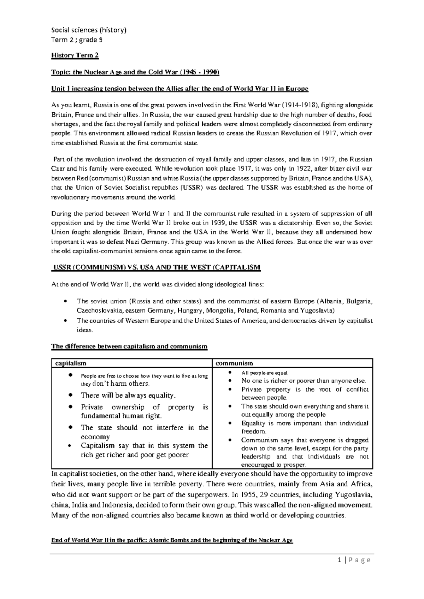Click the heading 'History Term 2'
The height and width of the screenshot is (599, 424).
[75, 55]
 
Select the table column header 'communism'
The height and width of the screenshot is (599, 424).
[234, 363]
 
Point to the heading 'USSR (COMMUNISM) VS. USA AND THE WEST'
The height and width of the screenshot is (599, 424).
[156, 267]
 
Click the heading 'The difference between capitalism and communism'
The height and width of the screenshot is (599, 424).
[129, 346]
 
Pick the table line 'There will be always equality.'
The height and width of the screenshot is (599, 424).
[128, 395]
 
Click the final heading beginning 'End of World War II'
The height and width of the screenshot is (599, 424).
[172, 540]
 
